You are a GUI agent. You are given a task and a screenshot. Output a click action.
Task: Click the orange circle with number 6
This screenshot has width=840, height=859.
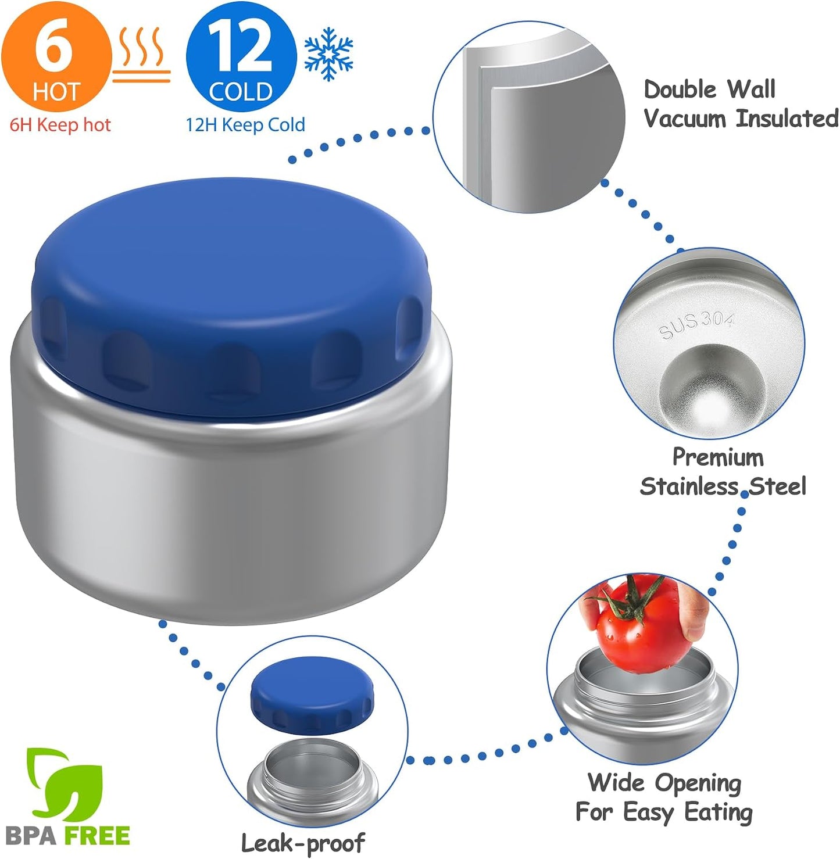(x=56, y=56)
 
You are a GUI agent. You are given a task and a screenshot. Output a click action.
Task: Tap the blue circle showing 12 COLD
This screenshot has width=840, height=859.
(x=241, y=56)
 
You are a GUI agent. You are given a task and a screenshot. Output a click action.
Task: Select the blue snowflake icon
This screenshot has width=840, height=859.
(x=329, y=54)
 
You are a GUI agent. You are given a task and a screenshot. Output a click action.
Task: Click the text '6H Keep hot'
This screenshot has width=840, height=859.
(x=60, y=125)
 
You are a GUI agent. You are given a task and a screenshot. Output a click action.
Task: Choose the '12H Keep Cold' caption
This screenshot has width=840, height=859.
(x=245, y=125)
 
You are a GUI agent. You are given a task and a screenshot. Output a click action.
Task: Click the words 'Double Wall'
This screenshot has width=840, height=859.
(x=709, y=89)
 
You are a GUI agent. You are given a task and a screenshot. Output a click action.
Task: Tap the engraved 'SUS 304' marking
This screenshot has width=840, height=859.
(x=696, y=326)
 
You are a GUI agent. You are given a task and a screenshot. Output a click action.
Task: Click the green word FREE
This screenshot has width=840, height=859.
(x=97, y=835)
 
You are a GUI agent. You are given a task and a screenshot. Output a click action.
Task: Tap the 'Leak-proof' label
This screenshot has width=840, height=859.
(x=303, y=842)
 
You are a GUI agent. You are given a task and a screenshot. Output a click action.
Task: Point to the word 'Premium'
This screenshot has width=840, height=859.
(x=718, y=458)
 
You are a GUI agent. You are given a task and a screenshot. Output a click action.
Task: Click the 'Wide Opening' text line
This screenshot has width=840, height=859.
(x=664, y=783)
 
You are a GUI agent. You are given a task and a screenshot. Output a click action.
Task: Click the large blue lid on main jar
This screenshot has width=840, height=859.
(x=230, y=296)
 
